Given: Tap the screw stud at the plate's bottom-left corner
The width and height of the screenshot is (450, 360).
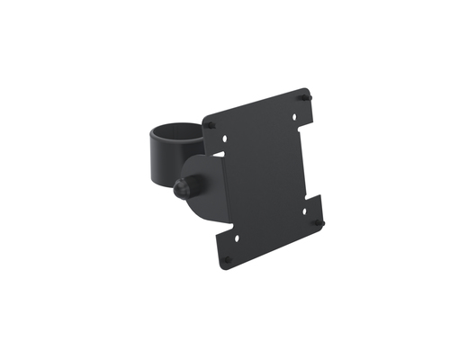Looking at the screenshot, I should tap(226, 259).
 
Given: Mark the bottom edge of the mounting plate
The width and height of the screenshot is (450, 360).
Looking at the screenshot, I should tap(274, 246).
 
